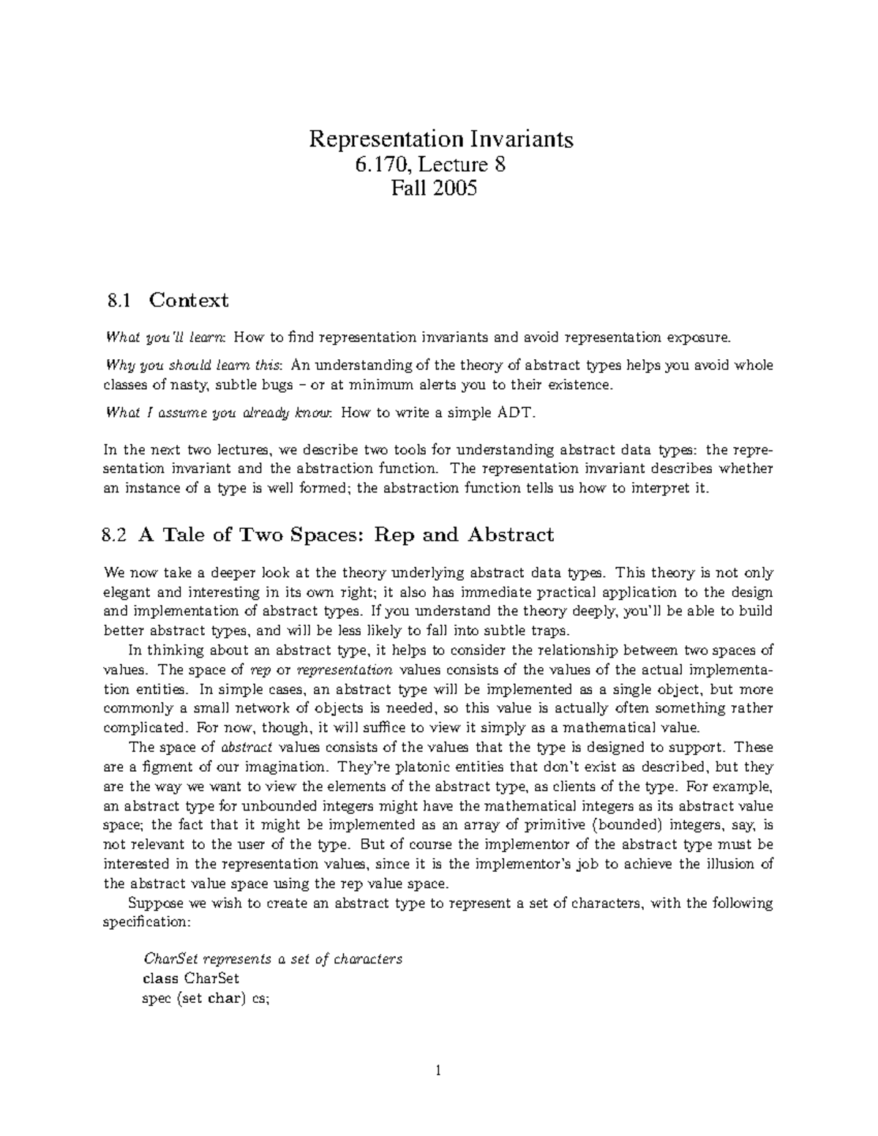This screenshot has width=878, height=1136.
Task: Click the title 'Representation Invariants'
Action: click(440, 139)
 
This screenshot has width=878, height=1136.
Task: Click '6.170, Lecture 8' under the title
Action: click(440, 165)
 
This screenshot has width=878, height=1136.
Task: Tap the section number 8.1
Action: click(117, 300)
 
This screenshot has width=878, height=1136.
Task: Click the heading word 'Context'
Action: click(189, 300)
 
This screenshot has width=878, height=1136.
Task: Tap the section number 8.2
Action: click(116, 535)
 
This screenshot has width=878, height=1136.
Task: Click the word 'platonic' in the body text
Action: click(405, 767)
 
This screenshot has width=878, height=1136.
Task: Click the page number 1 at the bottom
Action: click(438, 1071)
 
